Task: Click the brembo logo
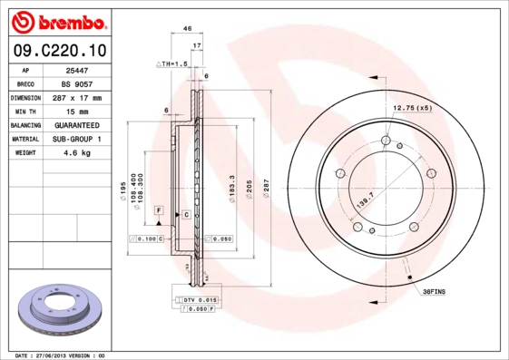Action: coord(58,21)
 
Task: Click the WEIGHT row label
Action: coord(24,152)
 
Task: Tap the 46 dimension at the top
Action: coord(187,29)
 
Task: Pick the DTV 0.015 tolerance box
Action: coord(197,299)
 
